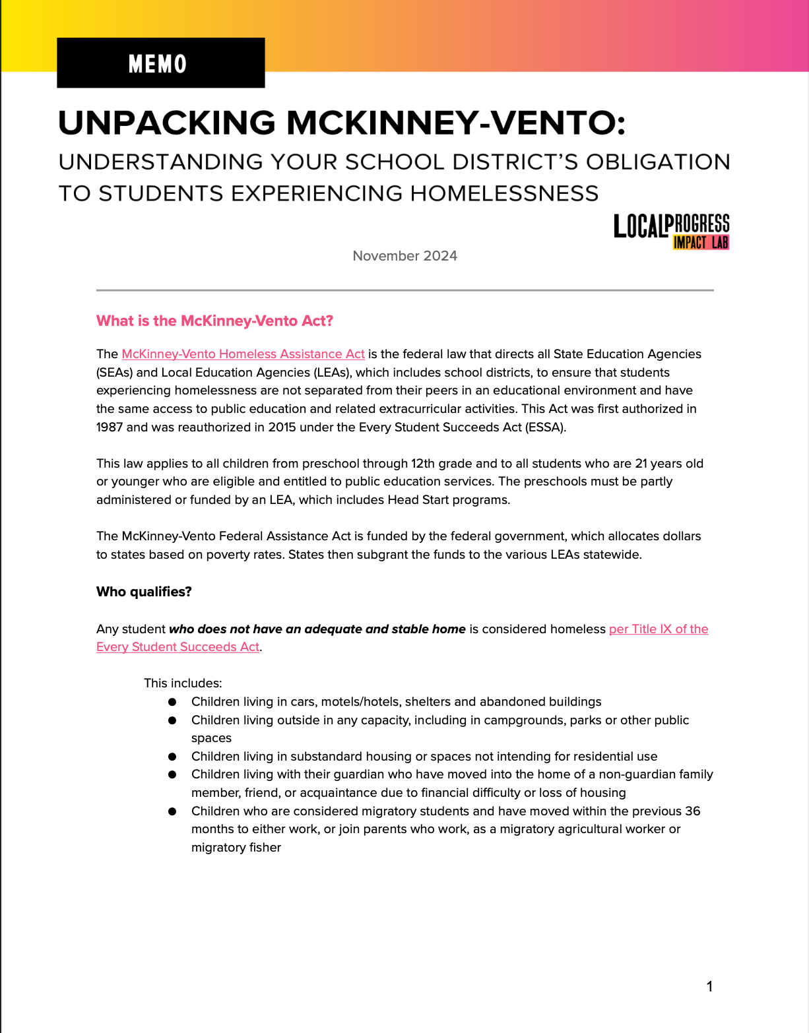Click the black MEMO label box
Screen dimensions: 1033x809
point(160,63)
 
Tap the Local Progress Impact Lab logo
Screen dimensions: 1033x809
point(671,232)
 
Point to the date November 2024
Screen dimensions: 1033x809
point(404,256)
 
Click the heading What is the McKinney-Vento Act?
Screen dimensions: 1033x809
point(214,321)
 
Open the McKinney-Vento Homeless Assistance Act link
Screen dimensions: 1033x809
point(243,354)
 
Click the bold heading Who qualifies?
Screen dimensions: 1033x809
point(144,592)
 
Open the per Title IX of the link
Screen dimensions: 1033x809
point(658,629)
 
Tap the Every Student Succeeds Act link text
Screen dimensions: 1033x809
point(178,647)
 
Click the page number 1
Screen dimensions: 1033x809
point(709,987)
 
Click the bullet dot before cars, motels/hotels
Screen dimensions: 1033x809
point(172,702)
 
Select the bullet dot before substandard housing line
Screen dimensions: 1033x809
point(172,757)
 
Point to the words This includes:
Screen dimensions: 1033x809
point(183,683)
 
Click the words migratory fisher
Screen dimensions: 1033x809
point(236,848)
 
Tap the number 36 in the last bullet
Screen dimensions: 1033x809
point(692,811)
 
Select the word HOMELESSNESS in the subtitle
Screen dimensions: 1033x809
point(504,193)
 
